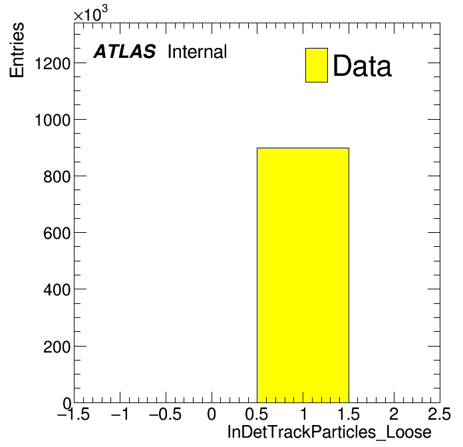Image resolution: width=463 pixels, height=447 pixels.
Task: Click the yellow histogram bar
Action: tap(303, 275)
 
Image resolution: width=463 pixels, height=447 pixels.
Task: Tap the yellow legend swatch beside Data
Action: tap(317, 65)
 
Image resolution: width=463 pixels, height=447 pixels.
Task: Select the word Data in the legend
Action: tap(363, 66)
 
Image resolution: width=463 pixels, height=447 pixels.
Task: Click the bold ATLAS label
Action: tap(124, 51)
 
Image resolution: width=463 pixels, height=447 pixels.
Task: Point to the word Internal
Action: tap(198, 51)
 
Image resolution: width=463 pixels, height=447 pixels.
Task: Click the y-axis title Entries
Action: tap(17, 50)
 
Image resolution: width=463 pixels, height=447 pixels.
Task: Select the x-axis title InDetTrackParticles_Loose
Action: tap(329, 432)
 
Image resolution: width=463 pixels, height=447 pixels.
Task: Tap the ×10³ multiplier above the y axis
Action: tap(90, 14)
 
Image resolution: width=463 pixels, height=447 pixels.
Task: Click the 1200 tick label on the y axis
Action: tap(53, 63)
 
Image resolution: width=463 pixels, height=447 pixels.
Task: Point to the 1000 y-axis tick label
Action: tap(53, 120)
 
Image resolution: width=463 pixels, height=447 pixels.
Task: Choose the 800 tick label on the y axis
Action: tap(57, 176)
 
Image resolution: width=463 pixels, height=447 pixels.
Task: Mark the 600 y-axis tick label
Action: tap(57, 233)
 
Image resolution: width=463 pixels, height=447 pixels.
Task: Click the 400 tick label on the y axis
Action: tap(57, 289)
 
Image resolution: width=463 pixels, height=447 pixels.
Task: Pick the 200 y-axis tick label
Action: tap(57, 347)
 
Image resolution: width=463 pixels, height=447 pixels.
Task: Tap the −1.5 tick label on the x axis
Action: tap(73, 414)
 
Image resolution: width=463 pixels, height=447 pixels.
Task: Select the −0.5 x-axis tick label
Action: tap(165, 414)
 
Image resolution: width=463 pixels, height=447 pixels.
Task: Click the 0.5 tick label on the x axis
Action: tap(257, 414)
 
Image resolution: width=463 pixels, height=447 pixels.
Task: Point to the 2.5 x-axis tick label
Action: tap(439, 414)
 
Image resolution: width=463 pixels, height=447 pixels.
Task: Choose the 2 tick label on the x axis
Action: tap(394, 414)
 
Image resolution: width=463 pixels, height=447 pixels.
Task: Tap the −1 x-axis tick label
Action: tap(120, 414)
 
